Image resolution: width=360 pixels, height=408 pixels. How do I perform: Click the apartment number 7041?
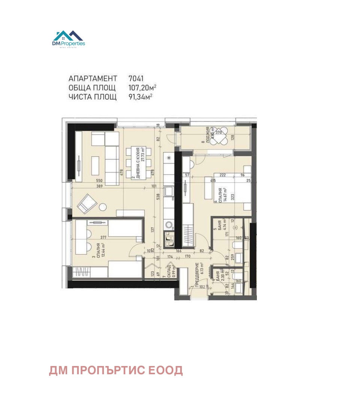click(136, 79)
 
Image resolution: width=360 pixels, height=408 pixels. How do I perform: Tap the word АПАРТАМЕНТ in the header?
click(93, 79)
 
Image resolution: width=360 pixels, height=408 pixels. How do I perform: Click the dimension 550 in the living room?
click(99, 181)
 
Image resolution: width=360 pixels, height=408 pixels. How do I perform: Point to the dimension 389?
click(99, 186)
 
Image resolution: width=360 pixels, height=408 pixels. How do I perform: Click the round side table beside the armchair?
click(102, 207)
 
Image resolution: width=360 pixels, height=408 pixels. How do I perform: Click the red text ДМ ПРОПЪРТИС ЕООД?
click(116, 370)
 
